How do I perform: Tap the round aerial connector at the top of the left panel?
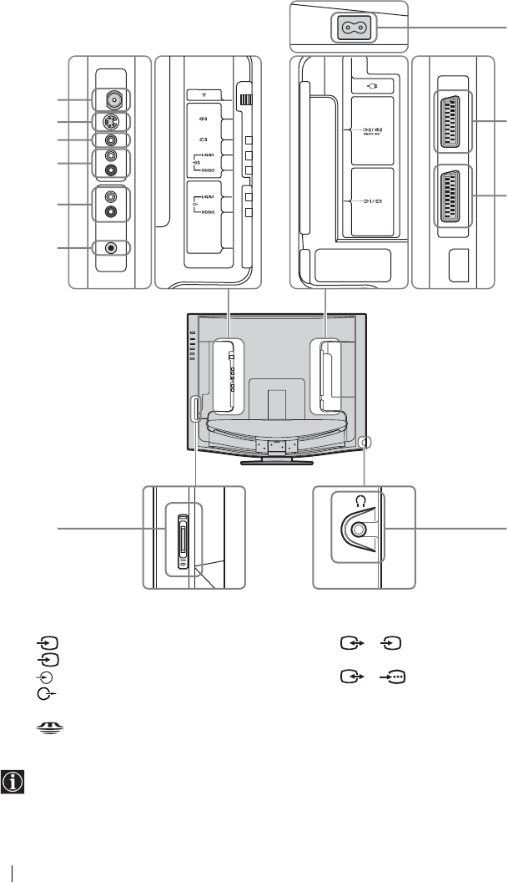pyautogui.click(x=110, y=100)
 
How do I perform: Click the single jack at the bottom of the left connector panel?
pyautogui.click(x=110, y=248)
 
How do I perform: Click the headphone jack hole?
pyautogui.click(x=359, y=529)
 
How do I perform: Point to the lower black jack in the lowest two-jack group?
pyautogui.click(x=110, y=212)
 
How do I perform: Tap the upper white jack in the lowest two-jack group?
pyautogui.click(x=110, y=197)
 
